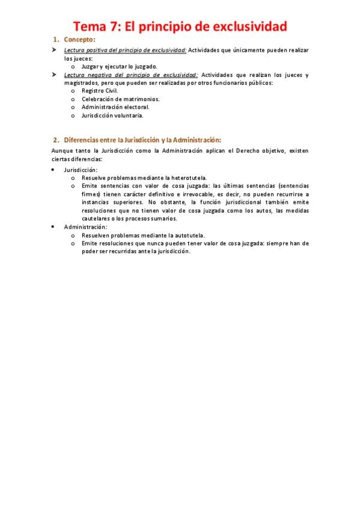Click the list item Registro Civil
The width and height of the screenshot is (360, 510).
coord(100,91)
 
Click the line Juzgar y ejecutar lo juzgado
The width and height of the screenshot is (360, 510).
coord(120,66)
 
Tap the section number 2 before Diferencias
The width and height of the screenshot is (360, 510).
coord(55,140)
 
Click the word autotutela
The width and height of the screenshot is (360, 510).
coord(187,235)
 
